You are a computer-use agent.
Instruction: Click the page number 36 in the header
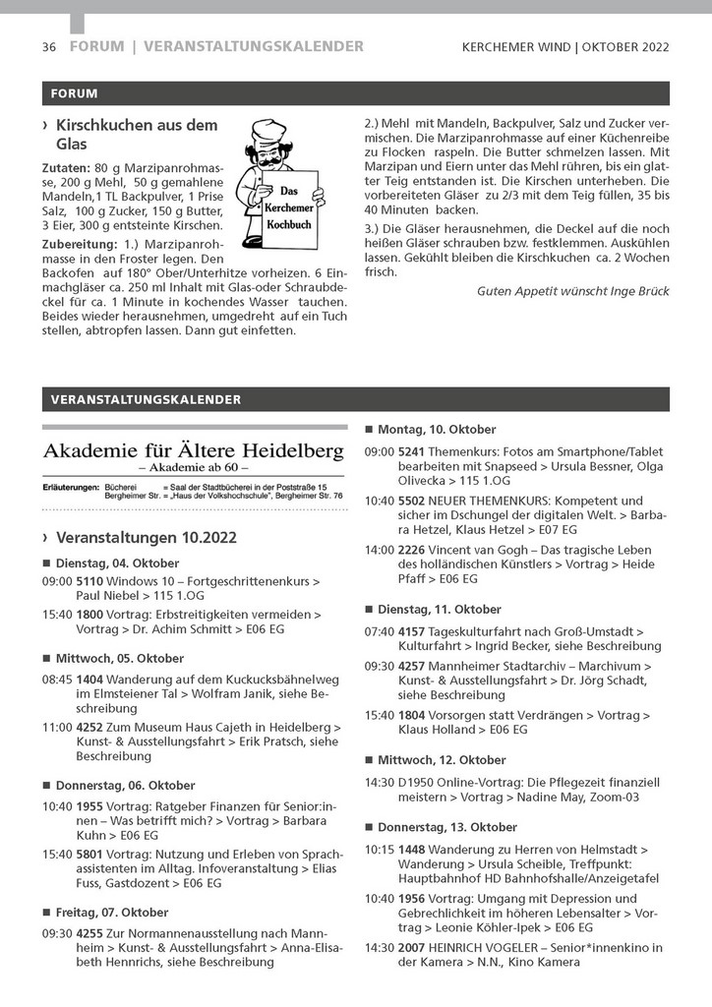point(49,46)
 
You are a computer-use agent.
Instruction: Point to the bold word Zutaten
point(66,168)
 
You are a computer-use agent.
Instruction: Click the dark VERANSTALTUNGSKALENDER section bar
point(355,399)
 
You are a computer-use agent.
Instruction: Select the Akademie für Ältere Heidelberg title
point(193,451)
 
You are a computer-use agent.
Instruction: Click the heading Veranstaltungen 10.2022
point(146,538)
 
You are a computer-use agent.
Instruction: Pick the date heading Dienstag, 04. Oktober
point(117,563)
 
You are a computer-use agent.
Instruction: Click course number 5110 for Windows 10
point(89,582)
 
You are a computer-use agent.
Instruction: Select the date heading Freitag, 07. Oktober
point(111,912)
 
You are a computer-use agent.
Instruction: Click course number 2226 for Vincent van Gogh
point(411,550)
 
